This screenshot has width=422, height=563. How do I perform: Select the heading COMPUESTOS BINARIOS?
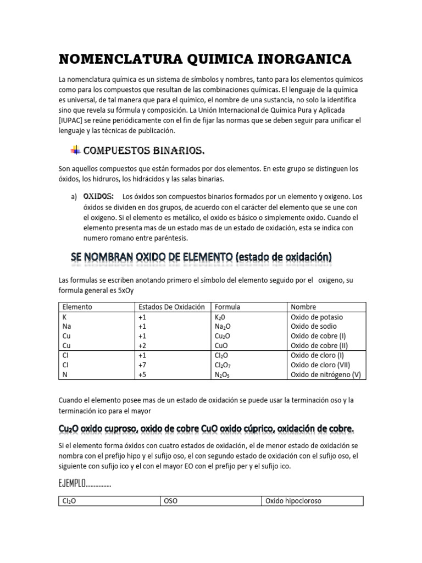coord(145,151)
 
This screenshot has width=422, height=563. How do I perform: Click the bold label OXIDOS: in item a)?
coord(98,196)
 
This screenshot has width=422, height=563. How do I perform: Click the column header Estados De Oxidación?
coord(172,307)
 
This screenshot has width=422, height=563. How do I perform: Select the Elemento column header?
coord(77,307)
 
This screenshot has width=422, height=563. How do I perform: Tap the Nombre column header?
coord(303,307)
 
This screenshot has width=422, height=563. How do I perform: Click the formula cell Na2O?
coord(223,327)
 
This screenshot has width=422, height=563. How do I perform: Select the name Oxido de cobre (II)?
coord(320,346)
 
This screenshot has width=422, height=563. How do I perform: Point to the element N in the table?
coord(65,374)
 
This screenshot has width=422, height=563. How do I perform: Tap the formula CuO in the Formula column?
coord(221,346)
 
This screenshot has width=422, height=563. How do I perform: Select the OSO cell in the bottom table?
coord(171,501)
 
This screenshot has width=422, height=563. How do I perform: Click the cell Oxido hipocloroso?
coord(293,501)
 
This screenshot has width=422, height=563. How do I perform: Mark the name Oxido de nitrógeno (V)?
coord(325,374)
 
